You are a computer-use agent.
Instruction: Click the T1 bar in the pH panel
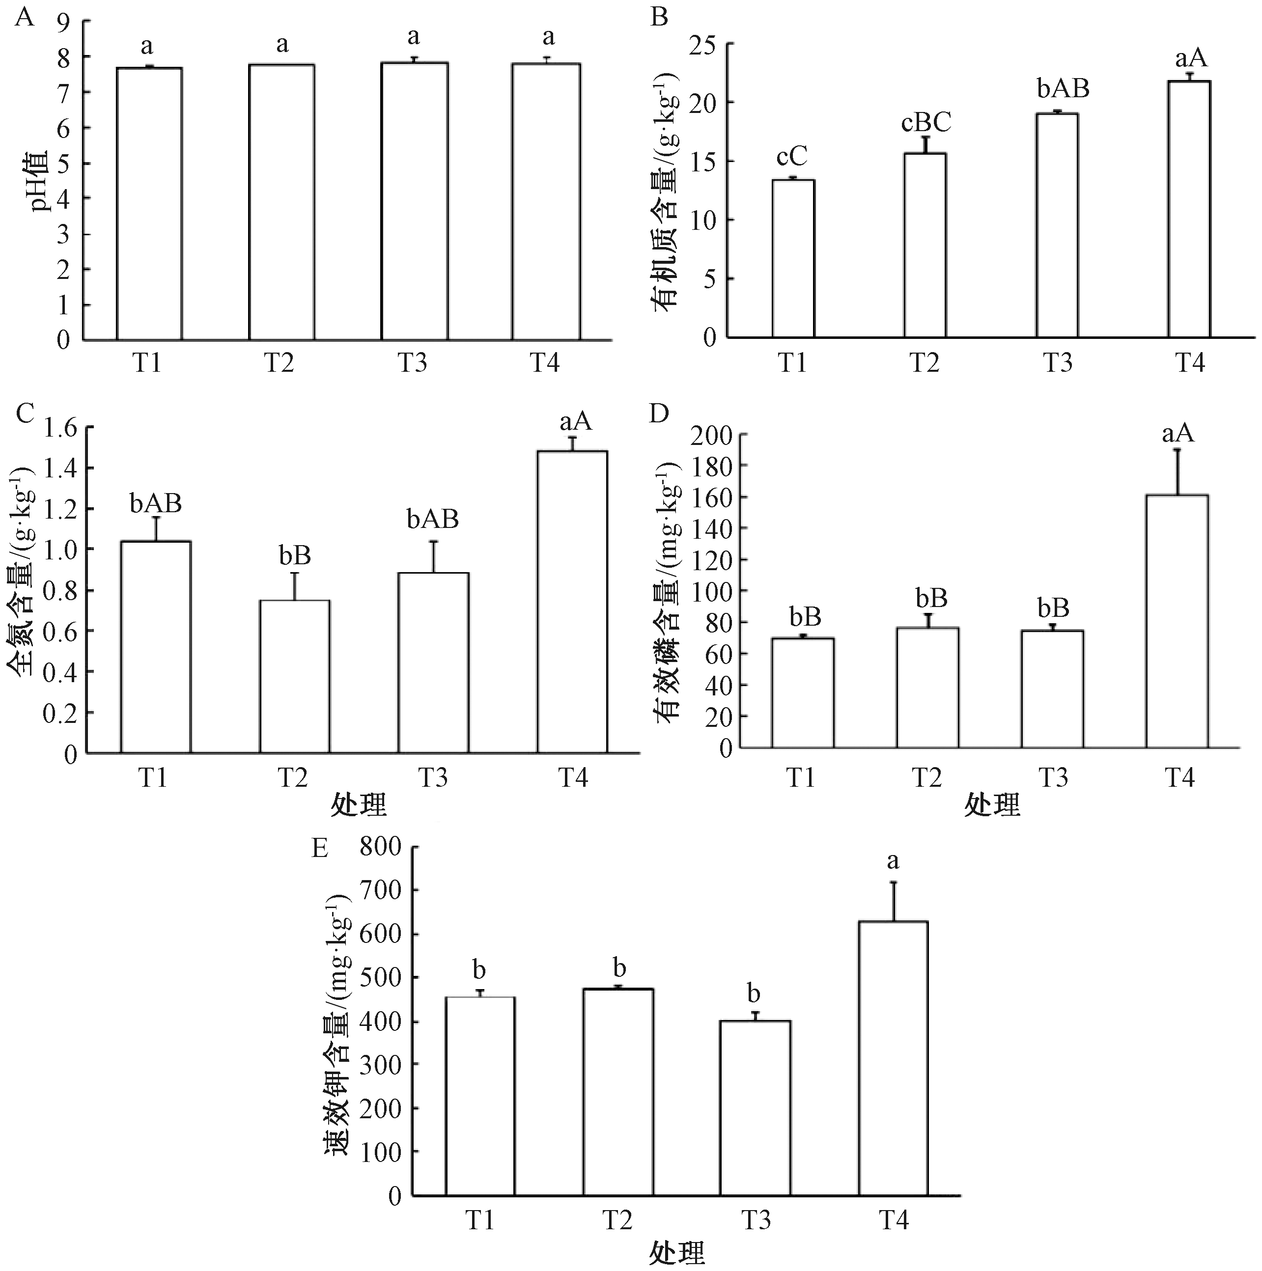pyautogui.click(x=149, y=204)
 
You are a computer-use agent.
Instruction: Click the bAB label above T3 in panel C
pyautogui.click(x=432, y=519)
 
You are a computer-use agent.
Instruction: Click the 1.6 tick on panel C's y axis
pyautogui.click(x=60, y=428)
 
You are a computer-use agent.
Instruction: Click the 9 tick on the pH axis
pyautogui.click(x=63, y=22)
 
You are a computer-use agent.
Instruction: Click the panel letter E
pyautogui.click(x=320, y=848)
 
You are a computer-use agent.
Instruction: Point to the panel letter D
pyautogui.click(x=659, y=413)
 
